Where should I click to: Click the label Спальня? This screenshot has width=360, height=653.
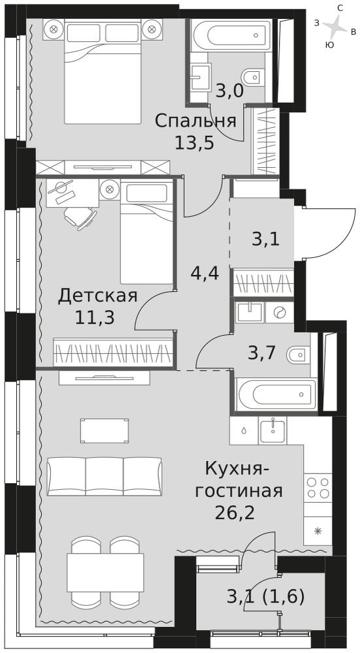click(x=195, y=121)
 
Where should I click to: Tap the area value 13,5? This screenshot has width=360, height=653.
click(x=194, y=143)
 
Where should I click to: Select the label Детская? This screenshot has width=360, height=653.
click(x=97, y=296)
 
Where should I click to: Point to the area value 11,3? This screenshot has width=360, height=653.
click(x=95, y=318)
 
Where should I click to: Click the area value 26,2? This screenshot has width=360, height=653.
click(x=235, y=513)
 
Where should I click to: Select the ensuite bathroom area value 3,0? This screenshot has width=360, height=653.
click(x=229, y=90)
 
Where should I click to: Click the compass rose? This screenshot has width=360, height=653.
click(x=335, y=27)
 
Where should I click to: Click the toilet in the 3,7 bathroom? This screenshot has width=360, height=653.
click(x=297, y=355)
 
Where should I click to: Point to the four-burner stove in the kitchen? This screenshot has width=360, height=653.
click(x=318, y=488)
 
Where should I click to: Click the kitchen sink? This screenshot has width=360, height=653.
click(x=272, y=430)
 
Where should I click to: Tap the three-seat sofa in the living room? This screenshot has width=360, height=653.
click(x=104, y=476)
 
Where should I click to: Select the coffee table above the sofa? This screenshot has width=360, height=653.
click(x=105, y=431)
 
